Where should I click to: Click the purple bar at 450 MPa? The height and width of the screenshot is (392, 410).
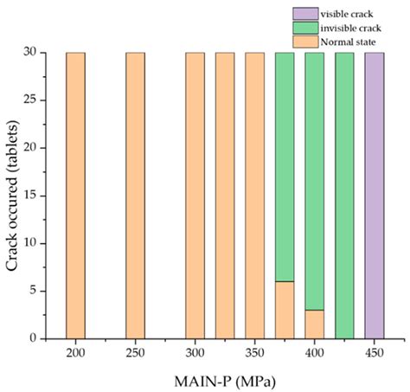(x=374, y=195)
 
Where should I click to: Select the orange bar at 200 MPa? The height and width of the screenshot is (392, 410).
(x=75, y=195)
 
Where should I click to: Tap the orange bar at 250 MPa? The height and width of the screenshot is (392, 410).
(x=135, y=195)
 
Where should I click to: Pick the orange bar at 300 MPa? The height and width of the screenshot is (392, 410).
(x=195, y=195)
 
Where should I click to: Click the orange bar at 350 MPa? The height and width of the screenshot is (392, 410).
(x=254, y=195)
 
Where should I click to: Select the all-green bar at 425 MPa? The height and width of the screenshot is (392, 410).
(x=344, y=195)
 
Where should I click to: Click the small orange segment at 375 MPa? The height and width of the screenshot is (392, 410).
(x=285, y=310)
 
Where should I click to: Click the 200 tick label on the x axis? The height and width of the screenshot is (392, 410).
(x=75, y=353)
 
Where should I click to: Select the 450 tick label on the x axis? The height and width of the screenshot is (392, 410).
(x=374, y=353)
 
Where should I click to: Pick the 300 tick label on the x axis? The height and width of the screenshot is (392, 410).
(x=195, y=353)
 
